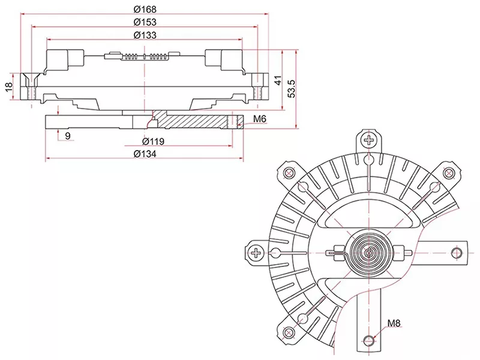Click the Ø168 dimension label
coord(145,8)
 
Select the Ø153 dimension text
coord(145,22)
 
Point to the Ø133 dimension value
coord(145,35)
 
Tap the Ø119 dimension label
coord(154,142)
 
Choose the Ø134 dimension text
coord(145,154)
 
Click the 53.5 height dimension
coord(292,88)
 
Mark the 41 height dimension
coord(277,80)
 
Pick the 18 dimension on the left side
coord(8,87)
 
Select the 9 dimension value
coord(67,136)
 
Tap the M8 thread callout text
coord(394,323)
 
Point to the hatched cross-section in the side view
coord(192,121)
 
